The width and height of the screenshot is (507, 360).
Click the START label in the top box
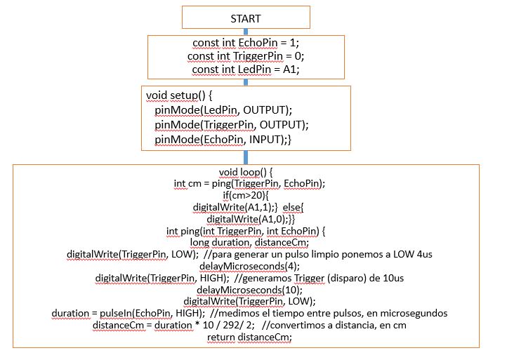point(246,18)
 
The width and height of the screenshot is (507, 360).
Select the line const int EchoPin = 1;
point(245,44)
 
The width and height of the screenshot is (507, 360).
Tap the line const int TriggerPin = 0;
point(246,56)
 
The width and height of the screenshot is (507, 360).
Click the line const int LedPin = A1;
point(245,69)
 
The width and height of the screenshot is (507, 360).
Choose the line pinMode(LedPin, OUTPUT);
point(223,110)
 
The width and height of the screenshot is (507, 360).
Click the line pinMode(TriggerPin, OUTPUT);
point(232,125)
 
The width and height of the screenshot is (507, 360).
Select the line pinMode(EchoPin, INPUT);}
point(223,140)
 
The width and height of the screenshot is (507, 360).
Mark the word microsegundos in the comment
point(414,313)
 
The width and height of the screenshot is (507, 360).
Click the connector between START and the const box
point(246,32)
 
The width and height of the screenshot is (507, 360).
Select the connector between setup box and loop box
point(246,157)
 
